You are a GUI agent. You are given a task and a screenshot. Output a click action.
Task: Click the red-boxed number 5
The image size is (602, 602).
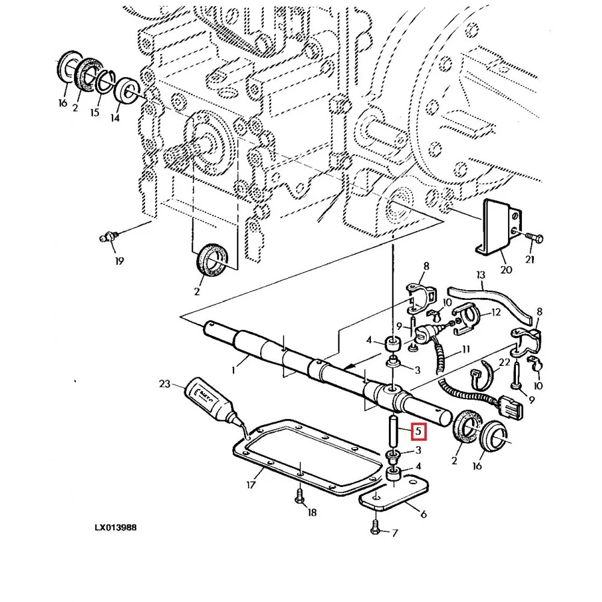coord(418,431)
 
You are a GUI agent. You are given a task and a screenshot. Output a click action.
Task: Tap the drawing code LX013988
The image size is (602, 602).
coord(116,527)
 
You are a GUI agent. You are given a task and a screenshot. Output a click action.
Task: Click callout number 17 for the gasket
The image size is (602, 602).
coord(250,485)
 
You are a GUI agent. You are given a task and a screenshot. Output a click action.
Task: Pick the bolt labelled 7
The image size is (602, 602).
coord(375,526)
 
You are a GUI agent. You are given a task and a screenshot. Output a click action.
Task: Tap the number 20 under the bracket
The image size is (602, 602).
coord(506,270)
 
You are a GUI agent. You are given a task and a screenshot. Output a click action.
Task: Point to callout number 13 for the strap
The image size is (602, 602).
coord(480,275)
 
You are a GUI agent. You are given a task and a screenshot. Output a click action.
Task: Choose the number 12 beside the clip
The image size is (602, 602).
coord(496,312)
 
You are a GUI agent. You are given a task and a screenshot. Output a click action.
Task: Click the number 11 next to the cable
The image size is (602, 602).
coord(465,349)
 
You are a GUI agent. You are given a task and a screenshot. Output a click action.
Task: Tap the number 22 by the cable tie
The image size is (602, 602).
coord(504,362)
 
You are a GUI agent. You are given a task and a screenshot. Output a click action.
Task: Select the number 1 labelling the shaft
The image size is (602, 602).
coord(233,370)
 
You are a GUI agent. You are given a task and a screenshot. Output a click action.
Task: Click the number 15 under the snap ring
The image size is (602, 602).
coord(95,112)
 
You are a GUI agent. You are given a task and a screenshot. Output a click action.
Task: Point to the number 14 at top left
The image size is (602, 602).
coord(115,118)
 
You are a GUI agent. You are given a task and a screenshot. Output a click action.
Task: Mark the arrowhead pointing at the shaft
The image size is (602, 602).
coord(348,368)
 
